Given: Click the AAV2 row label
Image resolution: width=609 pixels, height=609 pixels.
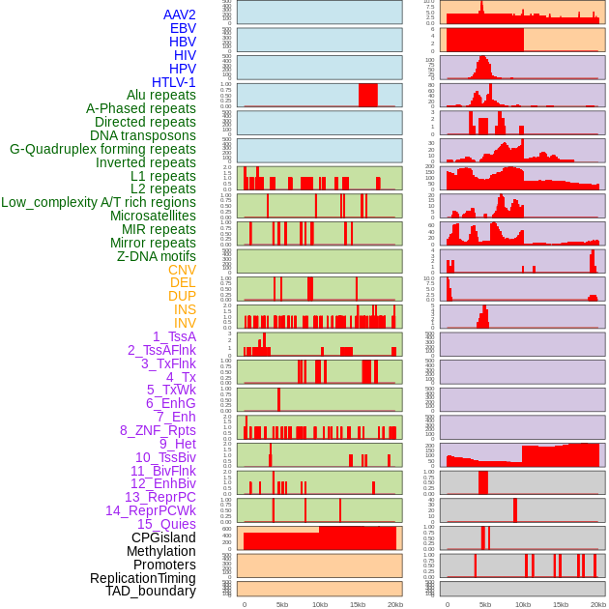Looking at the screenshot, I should (x=180, y=14).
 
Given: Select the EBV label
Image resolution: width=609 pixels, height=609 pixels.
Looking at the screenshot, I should (x=183, y=28).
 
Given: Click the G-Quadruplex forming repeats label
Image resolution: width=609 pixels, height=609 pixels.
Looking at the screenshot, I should (x=102, y=149).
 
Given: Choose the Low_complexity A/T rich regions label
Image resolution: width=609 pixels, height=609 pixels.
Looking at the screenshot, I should (x=99, y=202).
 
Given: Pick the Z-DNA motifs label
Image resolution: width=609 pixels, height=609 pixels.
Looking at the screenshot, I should (x=157, y=256).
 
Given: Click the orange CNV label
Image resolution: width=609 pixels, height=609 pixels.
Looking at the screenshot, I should (x=182, y=270).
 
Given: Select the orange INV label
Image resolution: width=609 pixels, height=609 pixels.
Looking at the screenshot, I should (x=185, y=323).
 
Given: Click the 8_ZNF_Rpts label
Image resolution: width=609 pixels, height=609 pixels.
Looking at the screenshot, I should (x=158, y=430).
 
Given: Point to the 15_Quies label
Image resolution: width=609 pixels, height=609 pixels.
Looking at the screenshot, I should (x=166, y=524).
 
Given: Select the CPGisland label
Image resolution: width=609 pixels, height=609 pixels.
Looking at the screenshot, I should (x=163, y=537).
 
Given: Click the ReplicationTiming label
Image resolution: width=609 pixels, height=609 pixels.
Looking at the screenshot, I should (x=143, y=578).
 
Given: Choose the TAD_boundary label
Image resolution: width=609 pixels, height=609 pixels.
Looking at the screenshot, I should (x=151, y=591).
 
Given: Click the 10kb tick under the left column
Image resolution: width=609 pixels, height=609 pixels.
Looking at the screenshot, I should (x=320, y=604).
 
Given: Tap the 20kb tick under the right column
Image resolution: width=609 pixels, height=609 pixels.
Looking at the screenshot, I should (x=598, y=604).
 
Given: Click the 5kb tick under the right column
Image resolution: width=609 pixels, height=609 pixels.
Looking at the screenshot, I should (x=485, y=604).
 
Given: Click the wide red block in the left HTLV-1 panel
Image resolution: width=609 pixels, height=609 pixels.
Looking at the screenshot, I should (x=367, y=95).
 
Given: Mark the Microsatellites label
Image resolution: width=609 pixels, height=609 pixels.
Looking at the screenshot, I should (x=153, y=216).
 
